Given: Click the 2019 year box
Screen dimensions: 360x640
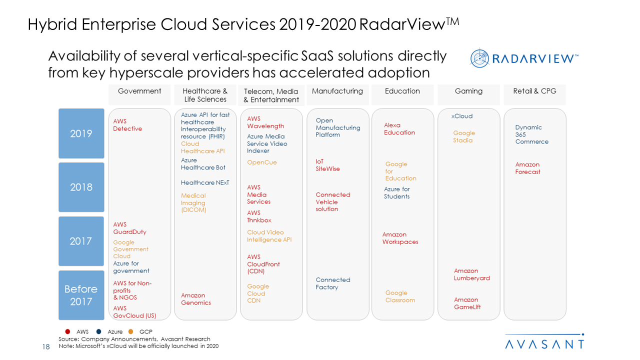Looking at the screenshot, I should pyautogui.click(x=81, y=133).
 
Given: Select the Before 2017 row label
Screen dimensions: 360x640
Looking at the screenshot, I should pyautogui.click(x=81, y=295).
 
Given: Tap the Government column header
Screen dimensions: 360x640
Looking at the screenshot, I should pyautogui.click(x=139, y=91).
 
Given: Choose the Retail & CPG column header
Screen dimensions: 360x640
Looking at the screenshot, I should pyautogui.click(x=534, y=91).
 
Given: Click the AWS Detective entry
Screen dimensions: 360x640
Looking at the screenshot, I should pyautogui.click(x=127, y=125).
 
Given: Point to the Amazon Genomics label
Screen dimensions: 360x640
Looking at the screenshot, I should pyautogui.click(x=196, y=299).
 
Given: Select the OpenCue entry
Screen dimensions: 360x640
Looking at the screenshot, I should pyautogui.click(x=261, y=162).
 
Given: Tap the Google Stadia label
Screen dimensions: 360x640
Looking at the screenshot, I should pyautogui.click(x=464, y=136).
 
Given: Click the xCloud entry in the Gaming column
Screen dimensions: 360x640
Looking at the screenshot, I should pyautogui.click(x=461, y=116).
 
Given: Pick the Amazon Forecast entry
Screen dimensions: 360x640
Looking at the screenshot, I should pyautogui.click(x=527, y=168).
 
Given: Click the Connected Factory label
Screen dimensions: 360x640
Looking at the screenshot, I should pyautogui.click(x=333, y=283).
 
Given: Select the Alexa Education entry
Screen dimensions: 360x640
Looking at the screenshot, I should pyautogui.click(x=399, y=129).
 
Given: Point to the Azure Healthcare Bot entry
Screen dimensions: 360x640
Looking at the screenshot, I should pyautogui.click(x=203, y=164).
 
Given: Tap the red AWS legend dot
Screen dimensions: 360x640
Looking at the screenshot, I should pyautogui.click(x=67, y=331).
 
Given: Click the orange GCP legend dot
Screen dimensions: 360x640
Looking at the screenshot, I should pyautogui.click(x=130, y=331).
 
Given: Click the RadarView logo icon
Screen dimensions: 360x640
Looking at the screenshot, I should pyautogui.click(x=479, y=58).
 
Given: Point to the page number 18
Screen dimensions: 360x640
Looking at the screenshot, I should pyautogui.click(x=46, y=346).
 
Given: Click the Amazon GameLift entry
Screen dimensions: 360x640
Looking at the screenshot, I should pyautogui.click(x=467, y=303).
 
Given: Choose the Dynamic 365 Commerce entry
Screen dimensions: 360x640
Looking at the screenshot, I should pyautogui.click(x=531, y=134).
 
